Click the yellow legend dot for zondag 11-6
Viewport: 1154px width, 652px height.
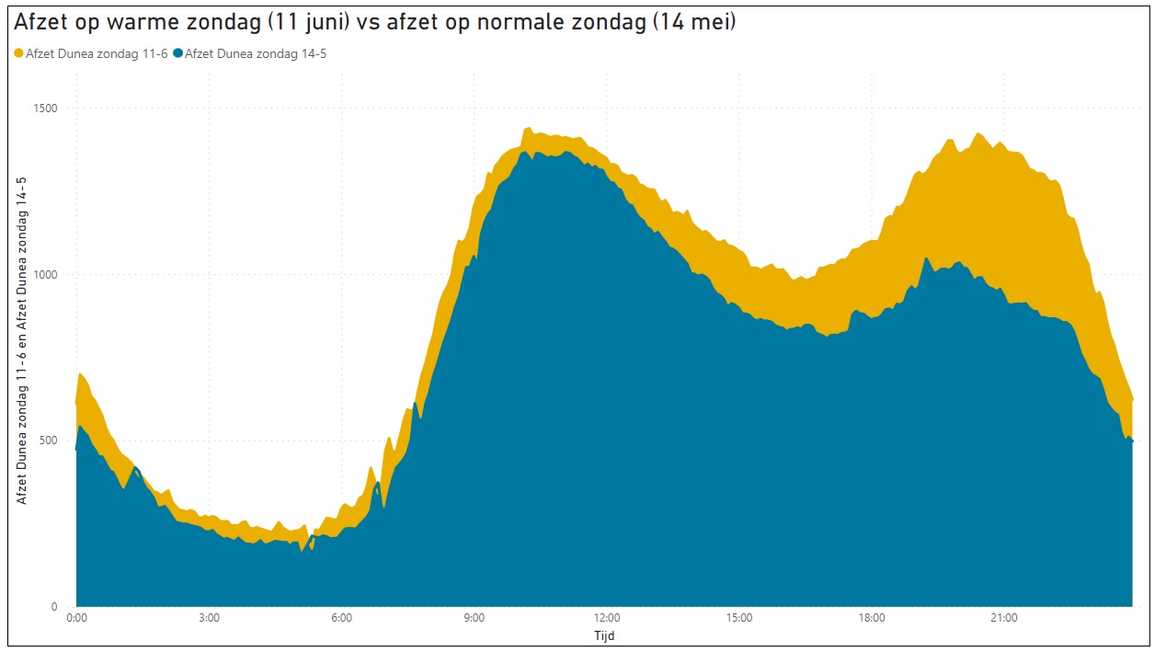tap(19, 53)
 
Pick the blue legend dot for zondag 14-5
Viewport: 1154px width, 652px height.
tap(177, 53)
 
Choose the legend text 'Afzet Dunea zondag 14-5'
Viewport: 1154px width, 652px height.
tap(256, 53)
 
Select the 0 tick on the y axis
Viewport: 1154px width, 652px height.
tap(54, 607)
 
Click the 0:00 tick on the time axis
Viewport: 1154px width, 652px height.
tap(77, 618)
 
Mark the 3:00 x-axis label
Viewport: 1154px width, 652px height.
tap(210, 618)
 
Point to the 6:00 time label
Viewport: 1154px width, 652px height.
tap(342, 618)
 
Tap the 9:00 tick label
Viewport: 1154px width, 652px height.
tap(474, 618)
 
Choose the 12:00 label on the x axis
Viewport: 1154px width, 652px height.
tap(607, 618)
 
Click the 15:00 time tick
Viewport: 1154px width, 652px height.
tap(739, 618)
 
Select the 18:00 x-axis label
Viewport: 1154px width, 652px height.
tap(872, 618)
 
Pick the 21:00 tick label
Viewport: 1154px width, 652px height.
tap(1004, 618)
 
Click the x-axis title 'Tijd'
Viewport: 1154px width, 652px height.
tap(605, 635)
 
